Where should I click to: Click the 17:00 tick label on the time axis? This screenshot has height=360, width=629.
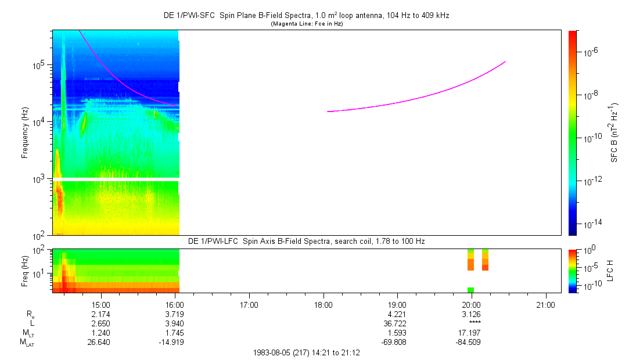249,305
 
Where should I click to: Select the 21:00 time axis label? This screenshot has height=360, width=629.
545,305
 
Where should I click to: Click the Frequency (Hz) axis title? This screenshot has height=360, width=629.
25,133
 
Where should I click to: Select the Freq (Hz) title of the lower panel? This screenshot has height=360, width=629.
25,271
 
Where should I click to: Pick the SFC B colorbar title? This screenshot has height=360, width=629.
614,133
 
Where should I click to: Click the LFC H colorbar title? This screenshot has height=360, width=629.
610,271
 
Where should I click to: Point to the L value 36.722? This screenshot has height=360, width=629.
395,323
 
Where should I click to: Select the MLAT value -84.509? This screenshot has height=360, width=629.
468,343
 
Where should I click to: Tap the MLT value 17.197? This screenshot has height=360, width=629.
469,333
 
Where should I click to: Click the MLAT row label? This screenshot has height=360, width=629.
27,343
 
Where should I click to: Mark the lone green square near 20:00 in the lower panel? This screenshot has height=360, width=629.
470,290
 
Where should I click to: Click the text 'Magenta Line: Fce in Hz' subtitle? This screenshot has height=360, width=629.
307,24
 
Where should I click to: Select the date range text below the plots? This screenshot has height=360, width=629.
307,353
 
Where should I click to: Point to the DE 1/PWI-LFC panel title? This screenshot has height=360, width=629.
307,242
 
